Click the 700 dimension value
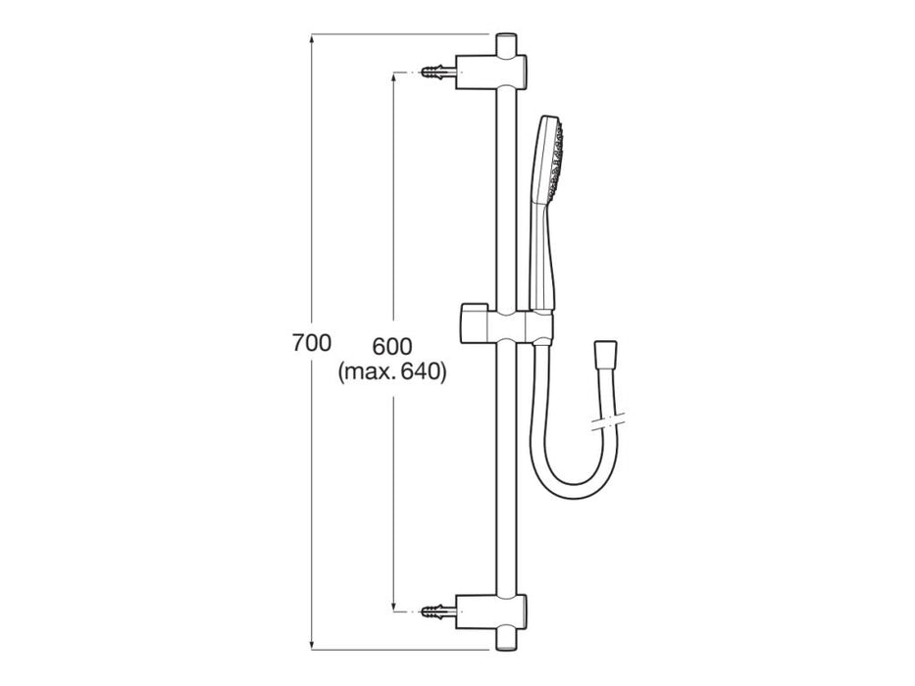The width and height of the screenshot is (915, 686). point(312,344)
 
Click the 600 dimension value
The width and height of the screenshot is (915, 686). point(392,346)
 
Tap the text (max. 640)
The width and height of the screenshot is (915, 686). point(392,372)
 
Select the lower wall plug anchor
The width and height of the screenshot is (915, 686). point(438,612)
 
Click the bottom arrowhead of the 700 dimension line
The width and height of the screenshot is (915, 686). point(312,646)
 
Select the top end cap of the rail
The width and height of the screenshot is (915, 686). point(506,44)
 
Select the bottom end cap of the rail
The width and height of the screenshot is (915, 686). point(506,639)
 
